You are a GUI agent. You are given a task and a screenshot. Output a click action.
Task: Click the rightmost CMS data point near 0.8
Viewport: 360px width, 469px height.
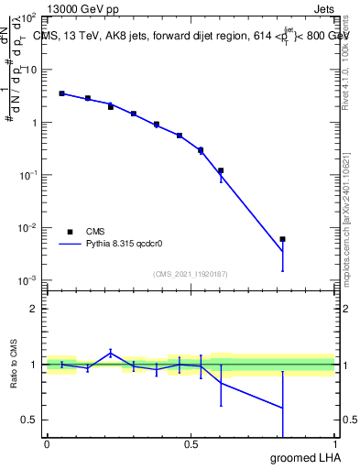pos(282,239)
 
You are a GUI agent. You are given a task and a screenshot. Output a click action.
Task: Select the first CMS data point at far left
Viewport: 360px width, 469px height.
pos(61,93)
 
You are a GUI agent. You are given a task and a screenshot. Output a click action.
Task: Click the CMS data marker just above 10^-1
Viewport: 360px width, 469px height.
pos(221,170)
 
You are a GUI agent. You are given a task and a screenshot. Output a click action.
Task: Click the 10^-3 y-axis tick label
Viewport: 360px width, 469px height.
pos(29,279)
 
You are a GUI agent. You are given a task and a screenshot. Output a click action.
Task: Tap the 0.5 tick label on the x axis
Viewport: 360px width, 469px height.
pos(191,444)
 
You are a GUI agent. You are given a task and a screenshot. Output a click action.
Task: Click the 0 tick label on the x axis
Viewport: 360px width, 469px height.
pos(47,444)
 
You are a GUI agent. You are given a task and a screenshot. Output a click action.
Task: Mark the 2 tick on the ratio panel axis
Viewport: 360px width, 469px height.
pos(36,309)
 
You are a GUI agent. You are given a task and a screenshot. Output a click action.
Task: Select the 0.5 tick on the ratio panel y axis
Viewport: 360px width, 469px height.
pos(32,420)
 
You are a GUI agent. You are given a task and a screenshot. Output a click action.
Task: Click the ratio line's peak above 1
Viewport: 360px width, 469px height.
pos(110,352)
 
